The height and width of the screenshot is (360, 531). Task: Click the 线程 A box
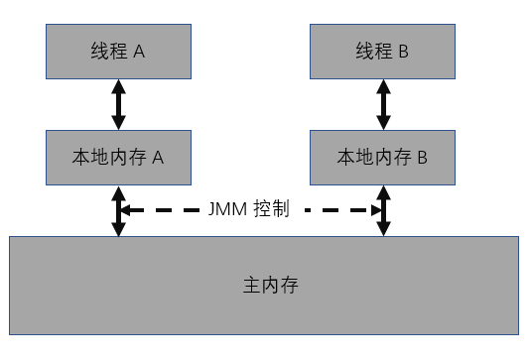[118, 53]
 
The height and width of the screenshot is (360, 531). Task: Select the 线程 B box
[382, 53]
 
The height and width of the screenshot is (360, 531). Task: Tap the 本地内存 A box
[118, 156]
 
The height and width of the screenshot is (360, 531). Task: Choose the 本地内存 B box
[382, 156]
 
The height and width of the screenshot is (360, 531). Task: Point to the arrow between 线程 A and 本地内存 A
[118, 104]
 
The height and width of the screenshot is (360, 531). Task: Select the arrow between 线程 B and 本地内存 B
[382, 104]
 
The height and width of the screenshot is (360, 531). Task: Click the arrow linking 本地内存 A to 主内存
[118, 209]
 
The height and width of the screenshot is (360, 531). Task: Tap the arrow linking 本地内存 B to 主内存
[382, 209]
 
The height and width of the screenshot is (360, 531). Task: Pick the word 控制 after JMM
[274, 210]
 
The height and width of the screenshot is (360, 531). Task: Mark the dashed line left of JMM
[164, 210]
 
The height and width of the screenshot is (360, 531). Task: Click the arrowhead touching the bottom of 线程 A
[118, 85]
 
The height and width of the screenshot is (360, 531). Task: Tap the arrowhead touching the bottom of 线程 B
[382, 85]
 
